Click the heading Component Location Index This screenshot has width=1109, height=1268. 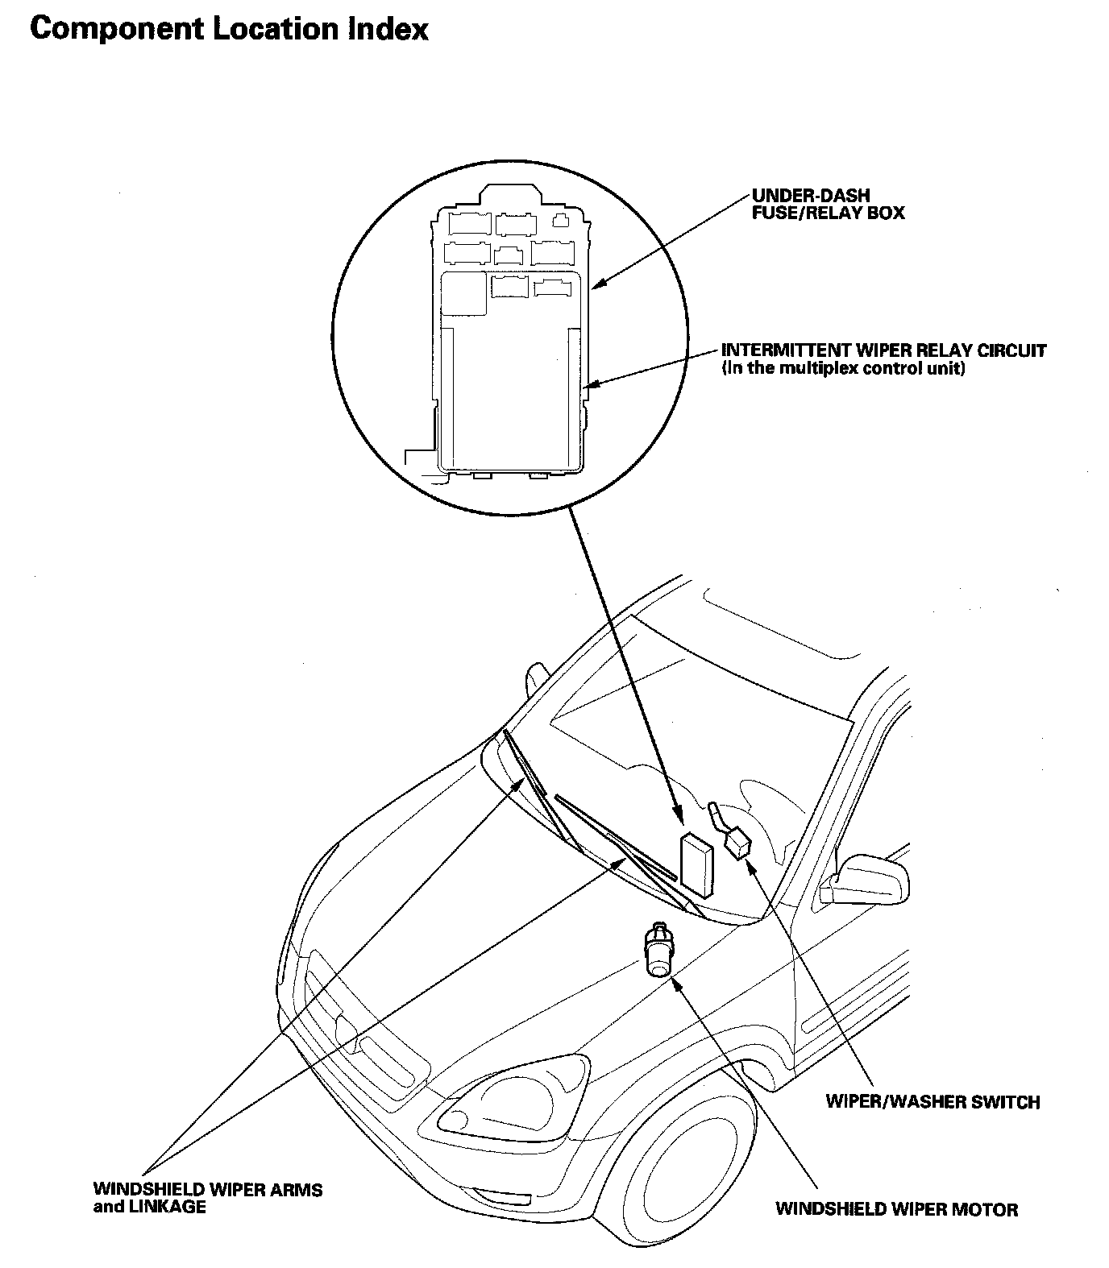229,30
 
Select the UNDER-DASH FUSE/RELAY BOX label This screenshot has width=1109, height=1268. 828,205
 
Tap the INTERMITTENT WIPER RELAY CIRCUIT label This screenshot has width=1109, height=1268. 883,351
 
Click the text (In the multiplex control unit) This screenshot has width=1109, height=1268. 843,369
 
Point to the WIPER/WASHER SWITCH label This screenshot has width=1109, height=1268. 932,1101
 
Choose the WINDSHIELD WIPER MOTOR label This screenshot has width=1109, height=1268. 896,1208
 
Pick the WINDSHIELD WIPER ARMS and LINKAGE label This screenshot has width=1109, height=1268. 207,1198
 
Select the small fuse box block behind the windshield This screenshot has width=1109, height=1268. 696,865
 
